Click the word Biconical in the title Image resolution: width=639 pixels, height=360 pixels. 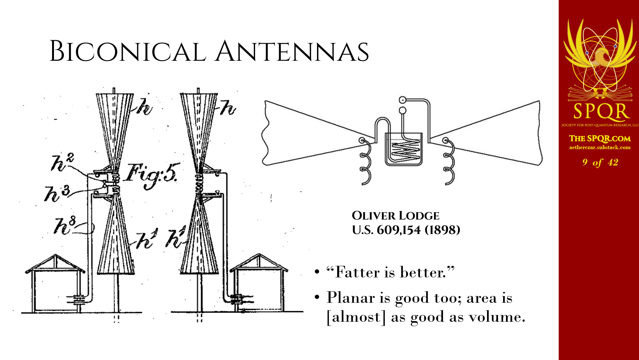pos(128,51)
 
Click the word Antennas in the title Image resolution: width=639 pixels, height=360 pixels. pos(292,51)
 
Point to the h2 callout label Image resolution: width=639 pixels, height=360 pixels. pos(63,162)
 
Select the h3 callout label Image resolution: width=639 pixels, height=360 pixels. pos(57,193)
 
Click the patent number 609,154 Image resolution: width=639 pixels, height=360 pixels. pos(399,230)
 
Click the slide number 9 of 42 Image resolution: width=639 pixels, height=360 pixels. pos(600,162)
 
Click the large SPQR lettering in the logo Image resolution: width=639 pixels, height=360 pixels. pos(601,111)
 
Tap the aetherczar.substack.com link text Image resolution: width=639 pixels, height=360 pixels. pos(600,148)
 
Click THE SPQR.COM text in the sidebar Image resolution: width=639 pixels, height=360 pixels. pos(600,139)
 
